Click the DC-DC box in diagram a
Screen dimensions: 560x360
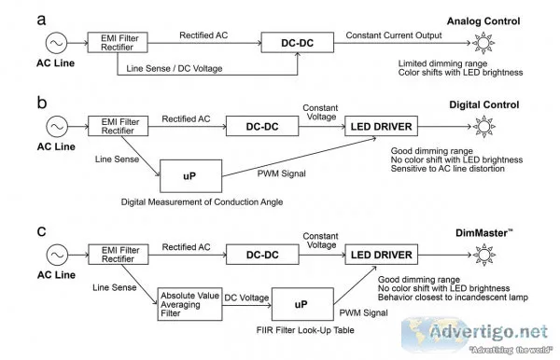pyautogui.click(x=298, y=43)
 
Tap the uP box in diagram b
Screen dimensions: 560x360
pyautogui.click(x=190, y=176)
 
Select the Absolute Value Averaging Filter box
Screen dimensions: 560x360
pyautogui.click(x=189, y=304)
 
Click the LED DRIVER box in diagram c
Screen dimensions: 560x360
pyautogui.click(x=382, y=255)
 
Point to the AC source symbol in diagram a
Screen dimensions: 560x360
pyautogui.click(x=56, y=43)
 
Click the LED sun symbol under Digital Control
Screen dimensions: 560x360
pyautogui.click(x=483, y=126)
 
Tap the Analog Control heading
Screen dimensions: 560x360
pyautogui.click(x=483, y=21)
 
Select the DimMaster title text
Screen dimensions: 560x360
pyautogui.click(x=483, y=233)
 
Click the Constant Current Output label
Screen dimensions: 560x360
pyautogui.click(x=394, y=35)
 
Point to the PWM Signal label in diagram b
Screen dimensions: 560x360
pyautogui.click(x=282, y=173)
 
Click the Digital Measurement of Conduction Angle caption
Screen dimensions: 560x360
pyautogui.click(x=202, y=202)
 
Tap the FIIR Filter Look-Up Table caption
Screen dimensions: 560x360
pyautogui.click(x=305, y=330)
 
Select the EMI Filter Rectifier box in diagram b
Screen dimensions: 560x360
pyautogui.click(x=119, y=126)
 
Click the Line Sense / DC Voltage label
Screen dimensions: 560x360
pyautogui.click(x=175, y=68)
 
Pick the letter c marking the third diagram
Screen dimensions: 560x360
pyautogui.click(x=41, y=231)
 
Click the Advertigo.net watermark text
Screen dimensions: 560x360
pyautogui.click(x=488, y=332)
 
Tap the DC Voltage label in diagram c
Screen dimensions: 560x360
pyautogui.click(x=246, y=298)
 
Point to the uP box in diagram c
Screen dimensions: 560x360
pyautogui.click(x=302, y=304)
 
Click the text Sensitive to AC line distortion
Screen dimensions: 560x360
pyautogui.click(x=447, y=169)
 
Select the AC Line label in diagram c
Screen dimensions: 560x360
pyautogui.click(x=56, y=275)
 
